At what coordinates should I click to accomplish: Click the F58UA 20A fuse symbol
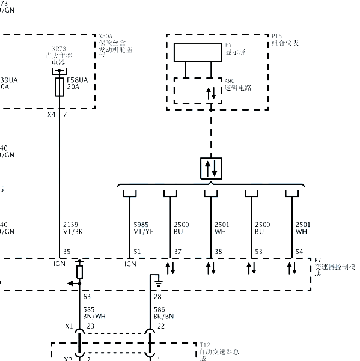click(x=59, y=85)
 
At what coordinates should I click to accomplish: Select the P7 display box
click(x=198, y=52)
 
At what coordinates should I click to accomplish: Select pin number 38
click(x=218, y=252)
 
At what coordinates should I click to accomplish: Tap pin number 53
click(x=258, y=252)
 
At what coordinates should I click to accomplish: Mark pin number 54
click(x=299, y=252)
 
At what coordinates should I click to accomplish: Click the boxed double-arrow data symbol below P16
click(x=212, y=168)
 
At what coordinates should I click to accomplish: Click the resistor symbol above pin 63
click(x=79, y=272)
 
